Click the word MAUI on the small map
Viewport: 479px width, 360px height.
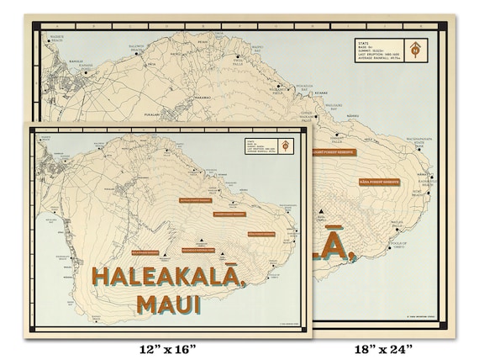tap(168, 304)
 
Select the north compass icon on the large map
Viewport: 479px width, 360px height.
tap(415, 50)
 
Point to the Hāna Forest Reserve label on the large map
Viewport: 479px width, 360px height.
tap(379, 181)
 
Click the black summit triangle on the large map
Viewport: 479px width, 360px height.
tap(324, 221)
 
